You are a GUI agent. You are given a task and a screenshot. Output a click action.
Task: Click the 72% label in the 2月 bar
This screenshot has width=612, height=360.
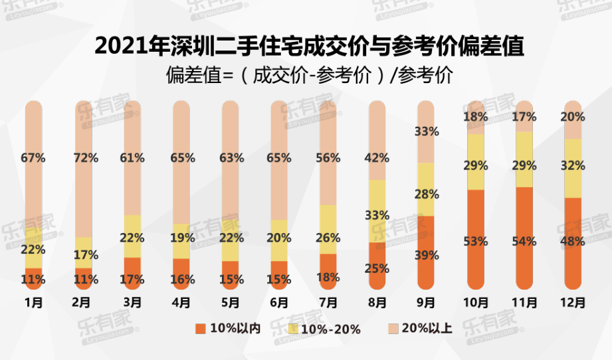click(x=84, y=158)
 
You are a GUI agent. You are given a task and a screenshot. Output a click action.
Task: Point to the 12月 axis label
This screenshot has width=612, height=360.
click(x=573, y=303)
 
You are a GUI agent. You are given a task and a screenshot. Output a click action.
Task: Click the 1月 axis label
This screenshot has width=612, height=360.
click(x=33, y=303)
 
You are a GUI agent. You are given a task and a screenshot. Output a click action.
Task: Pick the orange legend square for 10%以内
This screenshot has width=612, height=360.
click(x=199, y=328)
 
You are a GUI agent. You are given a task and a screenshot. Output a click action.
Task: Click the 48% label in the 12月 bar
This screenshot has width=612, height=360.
click(x=573, y=241)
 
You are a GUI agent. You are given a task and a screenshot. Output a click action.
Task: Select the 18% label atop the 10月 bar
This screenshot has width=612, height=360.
click(x=476, y=117)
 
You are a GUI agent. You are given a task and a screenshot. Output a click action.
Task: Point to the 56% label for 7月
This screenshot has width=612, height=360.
click(x=328, y=158)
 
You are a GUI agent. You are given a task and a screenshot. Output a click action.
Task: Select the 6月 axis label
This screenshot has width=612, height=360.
click(x=279, y=303)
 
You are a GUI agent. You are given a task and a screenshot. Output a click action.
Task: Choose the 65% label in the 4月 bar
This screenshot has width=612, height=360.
click(x=182, y=158)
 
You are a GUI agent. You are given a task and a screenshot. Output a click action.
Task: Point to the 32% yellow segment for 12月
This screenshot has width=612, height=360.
click(x=573, y=166)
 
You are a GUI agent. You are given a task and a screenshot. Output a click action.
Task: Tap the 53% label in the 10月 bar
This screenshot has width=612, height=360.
click(x=476, y=241)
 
